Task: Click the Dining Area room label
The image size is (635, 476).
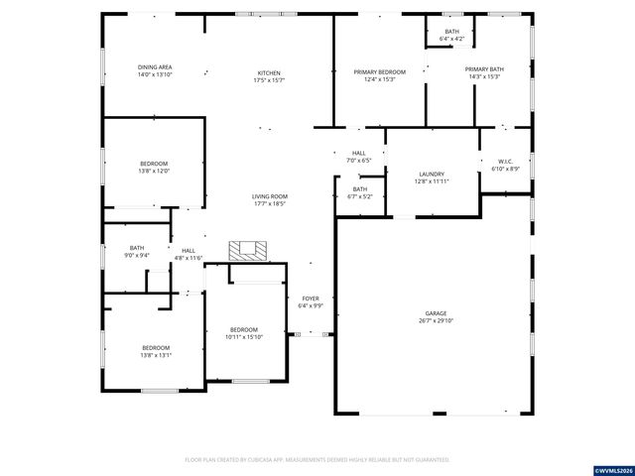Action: [x=155, y=67]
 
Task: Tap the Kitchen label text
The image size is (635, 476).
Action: [x=269, y=72]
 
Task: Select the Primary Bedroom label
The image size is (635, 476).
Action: [x=380, y=72]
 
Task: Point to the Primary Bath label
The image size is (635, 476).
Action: [x=484, y=69]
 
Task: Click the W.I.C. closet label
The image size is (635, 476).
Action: [x=505, y=161]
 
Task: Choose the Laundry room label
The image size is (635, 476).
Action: [x=431, y=174]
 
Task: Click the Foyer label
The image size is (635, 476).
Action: [x=311, y=297]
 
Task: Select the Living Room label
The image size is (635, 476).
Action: [x=269, y=196]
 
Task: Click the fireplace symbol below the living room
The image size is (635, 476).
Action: [x=244, y=250]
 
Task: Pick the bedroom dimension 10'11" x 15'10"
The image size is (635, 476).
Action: [x=244, y=337]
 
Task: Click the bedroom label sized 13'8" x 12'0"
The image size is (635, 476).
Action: [x=154, y=164]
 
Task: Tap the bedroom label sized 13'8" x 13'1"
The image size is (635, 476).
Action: [x=155, y=347]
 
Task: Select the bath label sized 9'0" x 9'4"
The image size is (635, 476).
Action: [x=137, y=248]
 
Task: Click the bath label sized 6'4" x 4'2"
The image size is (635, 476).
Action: [x=452, y=32]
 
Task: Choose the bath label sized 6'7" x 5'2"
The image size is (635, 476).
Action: [x=359, y=188]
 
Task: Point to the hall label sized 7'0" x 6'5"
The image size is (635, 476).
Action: [x=358, y=153]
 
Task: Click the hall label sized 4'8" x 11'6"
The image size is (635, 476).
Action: [x=189, y=251]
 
